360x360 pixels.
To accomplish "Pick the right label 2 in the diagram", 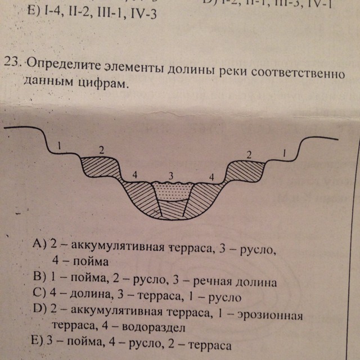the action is (x=250, y=154).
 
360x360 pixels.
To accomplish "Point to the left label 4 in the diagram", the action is (x=135, y=175).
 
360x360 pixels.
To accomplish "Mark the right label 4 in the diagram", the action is (x=211, y=177).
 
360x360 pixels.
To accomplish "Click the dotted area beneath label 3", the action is (x=174, y=191).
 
